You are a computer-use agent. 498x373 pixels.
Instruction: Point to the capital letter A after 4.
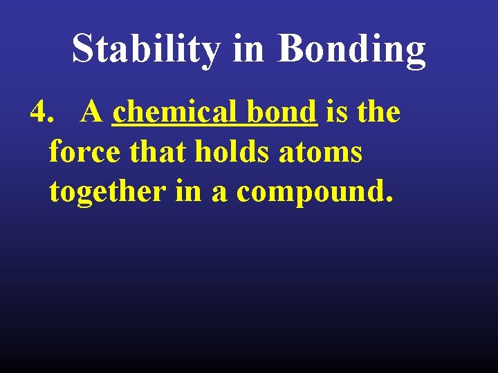tap(92, 111)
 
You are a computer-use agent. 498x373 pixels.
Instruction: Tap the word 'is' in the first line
tap(336, 112)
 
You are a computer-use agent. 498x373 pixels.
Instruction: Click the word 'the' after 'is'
tap(378, 112)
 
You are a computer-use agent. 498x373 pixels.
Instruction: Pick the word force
tap(83, 152)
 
